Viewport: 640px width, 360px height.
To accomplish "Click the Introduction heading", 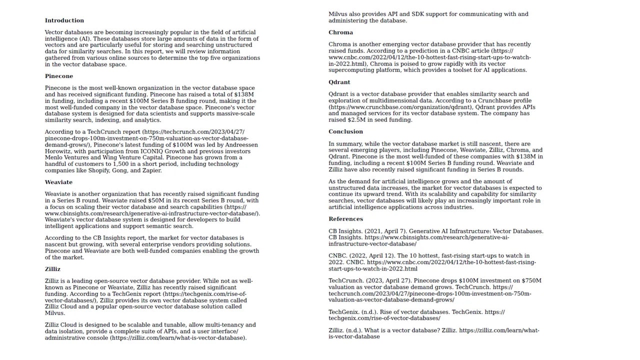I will pyautogui.click(x=64, y=20).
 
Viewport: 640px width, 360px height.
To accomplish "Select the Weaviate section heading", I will pyautogui.click(x=58, y=182).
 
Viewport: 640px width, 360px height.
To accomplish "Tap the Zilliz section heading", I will pyautogui.click(x=52, y=269).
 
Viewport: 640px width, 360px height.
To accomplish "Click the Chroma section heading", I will pyautogui.click(x=340, y=32).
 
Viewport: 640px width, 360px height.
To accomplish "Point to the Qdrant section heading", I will pyautogui.click(x=339, y=82).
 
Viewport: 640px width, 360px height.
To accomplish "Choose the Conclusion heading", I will pyautogui.click(x=345, y=131).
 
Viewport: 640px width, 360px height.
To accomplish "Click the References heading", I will pyautogui.click(x=345, y=219).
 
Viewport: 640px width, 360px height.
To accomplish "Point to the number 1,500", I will pyautogui.click(x=121, y=164).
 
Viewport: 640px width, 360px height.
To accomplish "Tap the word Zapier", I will pyautogui.click(x=151, y=170).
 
